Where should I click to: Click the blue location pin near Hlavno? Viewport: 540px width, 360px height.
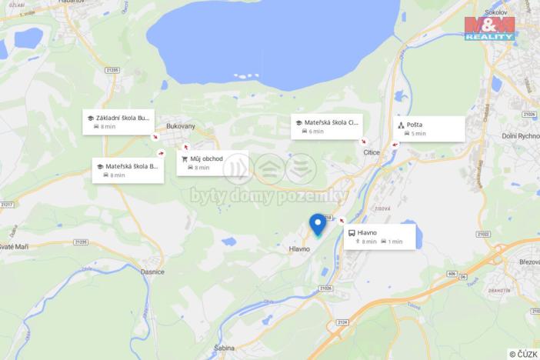pyautogui.click(x=317, y=224)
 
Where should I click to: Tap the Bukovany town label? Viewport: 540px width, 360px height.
pyautogui.click(x=181, y=125)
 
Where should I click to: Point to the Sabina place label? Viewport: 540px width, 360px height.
pyautogui.click(x=224, y=348)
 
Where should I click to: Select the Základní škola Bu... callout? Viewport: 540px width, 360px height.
pyautogui.click(x=118, y=122)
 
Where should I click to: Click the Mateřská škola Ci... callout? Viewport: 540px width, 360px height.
pyautogui.click(x=327, y=126)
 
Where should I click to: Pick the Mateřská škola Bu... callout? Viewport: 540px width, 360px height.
pyautogui.click(x=128, y=170)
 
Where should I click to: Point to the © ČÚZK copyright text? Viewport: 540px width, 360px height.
pyautogui.click(x=522, y=353)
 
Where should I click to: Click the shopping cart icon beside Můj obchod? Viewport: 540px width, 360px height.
pyautogui.click(x=185, y=158)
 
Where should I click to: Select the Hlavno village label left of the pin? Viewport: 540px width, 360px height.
pyautogui.click(x=298, y=249)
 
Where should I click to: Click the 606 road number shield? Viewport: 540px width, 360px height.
pyautogui.click(x=452, y=274)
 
